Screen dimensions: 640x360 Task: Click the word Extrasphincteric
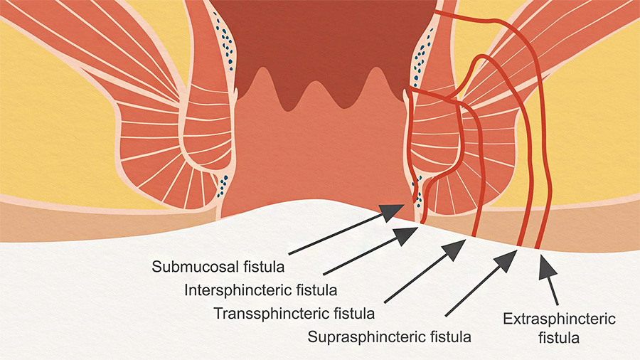click(559, 319)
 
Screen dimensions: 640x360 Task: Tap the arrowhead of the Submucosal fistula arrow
click(392, 212)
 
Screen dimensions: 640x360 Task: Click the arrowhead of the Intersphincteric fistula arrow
click(406, 235)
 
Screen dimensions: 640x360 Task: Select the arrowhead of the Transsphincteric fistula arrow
click(454, 250)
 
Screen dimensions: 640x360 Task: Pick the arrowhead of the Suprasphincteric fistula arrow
click(506, 260)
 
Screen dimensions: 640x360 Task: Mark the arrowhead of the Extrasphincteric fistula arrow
click(547, 267)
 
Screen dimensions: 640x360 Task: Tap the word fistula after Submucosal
click(264, 267)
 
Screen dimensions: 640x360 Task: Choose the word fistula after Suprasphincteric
click(451, 337)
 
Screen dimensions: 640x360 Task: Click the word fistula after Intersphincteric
click(317, 290)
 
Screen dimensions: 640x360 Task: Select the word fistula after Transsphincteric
click(354, 314)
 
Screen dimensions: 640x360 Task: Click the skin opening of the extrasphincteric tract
click(538, 248)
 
